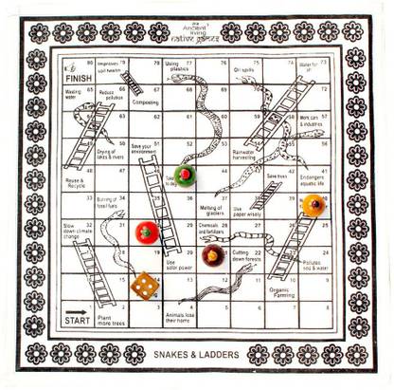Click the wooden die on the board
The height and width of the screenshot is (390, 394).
[143, 285]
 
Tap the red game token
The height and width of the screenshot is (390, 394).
[147, 231]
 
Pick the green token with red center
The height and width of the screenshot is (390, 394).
[186, 176]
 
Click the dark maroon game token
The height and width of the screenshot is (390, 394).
[211, 255]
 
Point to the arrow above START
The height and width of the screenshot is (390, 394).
[77, 308]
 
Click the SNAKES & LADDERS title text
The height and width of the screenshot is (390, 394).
[196, 354]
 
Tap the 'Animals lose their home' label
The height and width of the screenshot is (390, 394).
[179, 319]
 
